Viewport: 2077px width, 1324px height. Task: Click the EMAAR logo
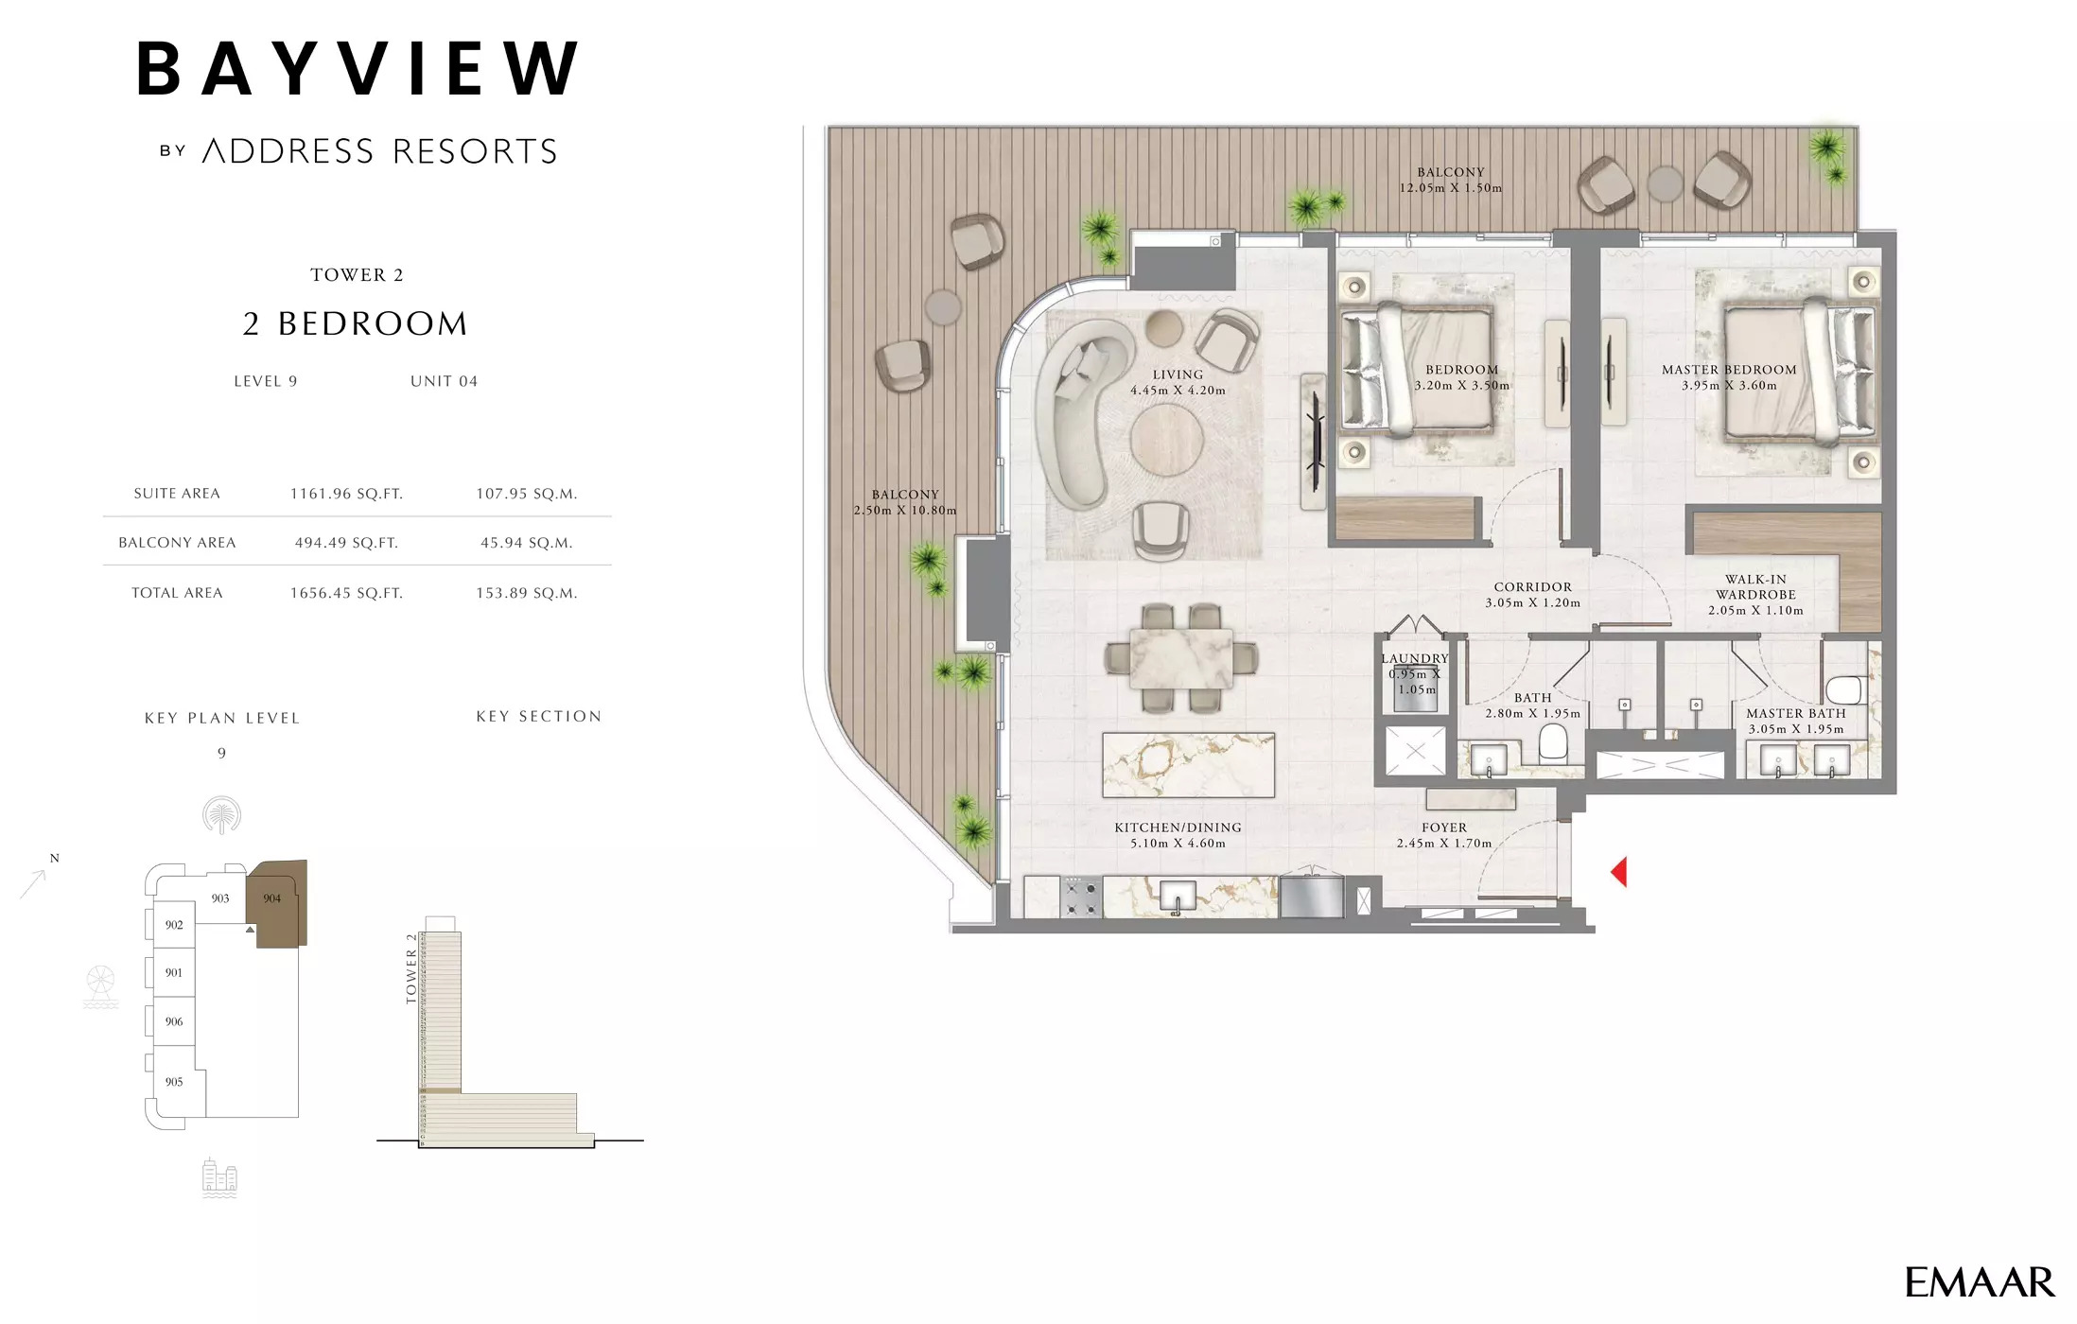[1979, 1282]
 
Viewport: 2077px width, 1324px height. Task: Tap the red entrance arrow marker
[1619, 872]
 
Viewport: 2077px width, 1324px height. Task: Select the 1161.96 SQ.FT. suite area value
[346, 494]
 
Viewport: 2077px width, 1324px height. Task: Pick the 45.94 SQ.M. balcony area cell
[526, 543]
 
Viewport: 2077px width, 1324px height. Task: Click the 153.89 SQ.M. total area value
[526, 593]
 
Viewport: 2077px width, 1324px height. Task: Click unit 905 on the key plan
[174, 1082]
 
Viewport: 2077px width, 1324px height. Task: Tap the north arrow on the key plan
[35, 881]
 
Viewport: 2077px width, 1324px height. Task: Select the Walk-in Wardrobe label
[1755, 594]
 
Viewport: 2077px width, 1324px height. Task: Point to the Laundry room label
[1414, 659]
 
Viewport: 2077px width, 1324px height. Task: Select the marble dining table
[1181, 657]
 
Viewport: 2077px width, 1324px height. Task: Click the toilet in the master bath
[1843, 689]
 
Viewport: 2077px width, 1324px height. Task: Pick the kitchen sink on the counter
[1177, 896]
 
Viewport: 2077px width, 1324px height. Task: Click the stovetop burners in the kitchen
[1081, 897]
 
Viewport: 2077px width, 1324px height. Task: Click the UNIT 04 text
[444, 381]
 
